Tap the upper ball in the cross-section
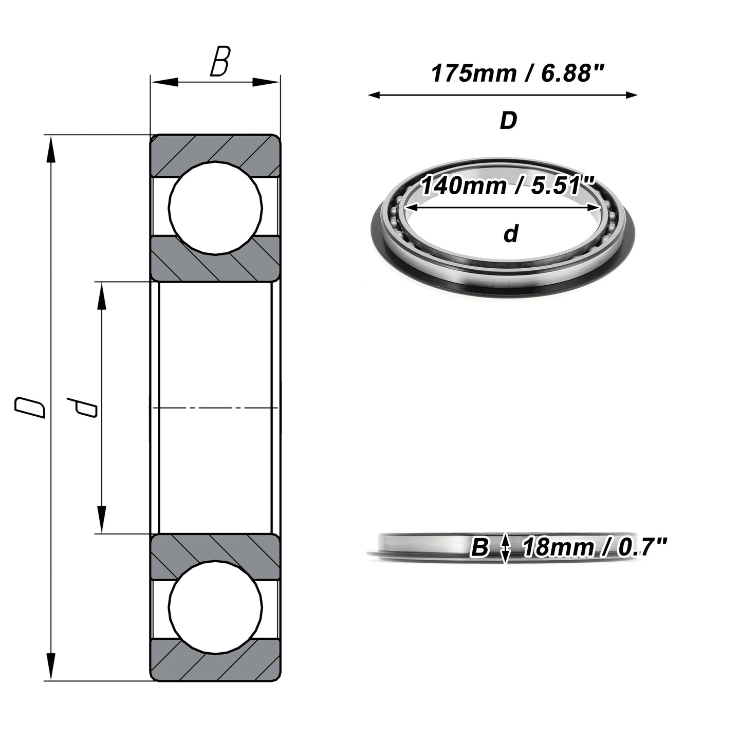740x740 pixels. pyautogui.click(x=215, y=208)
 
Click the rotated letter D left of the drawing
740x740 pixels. pyautogui.click(x=30, y=408)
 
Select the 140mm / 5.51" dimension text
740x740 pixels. pyautogui.click(x=508, y=186)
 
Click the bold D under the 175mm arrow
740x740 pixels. pyautogui.click(x=508, y=121)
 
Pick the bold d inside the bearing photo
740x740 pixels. pyautogui.click(x=511, y=233)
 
